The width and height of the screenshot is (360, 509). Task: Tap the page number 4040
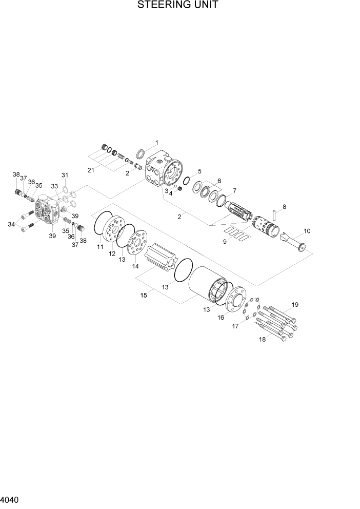tap(11, 499)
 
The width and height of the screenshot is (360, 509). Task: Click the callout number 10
tap(307, 231)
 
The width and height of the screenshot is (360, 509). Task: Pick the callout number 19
tap(294, 305)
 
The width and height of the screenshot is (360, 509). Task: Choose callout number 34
tap(11, 224)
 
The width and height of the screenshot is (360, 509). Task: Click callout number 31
tap(65, 175)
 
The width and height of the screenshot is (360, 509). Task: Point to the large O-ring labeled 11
tap(103, 226)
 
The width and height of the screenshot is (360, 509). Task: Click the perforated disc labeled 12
tap(114, 234)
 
